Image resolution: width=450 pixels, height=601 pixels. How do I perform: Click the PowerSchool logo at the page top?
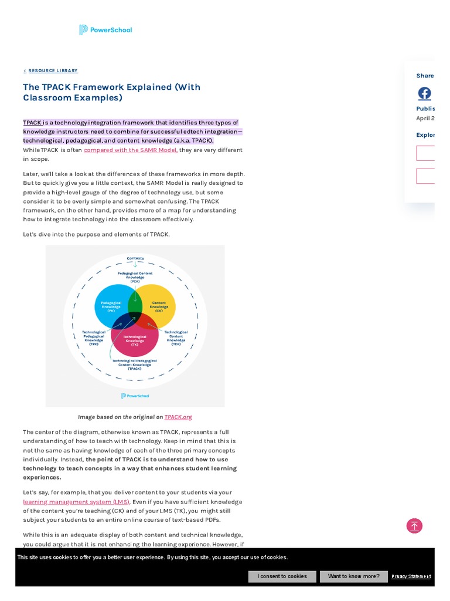tap(105, 30)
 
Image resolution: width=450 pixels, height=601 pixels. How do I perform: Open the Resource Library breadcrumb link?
tap(53, 71)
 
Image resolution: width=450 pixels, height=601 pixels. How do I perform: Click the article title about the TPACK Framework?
tap(111, 92)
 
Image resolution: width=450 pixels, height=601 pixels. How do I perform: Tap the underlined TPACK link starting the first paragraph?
tap(32, 123)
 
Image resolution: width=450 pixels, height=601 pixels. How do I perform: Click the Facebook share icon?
tap(424, 93)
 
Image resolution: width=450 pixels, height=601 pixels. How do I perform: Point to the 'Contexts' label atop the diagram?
tap(135, 258)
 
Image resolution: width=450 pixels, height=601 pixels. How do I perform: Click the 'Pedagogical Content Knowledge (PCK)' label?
tap(135, 277)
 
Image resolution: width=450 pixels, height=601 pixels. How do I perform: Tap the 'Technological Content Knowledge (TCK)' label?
tap(176, 337)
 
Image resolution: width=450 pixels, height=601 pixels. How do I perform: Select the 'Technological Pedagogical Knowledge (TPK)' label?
tap(94, 337)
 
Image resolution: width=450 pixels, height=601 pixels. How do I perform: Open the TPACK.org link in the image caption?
tap(178, 417)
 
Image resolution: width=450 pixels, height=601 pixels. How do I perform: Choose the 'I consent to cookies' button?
tap(282, 576)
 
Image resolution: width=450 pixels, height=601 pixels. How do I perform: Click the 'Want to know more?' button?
tap(353, 576)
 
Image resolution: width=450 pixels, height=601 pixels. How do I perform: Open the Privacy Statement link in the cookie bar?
tap(411, 576)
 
